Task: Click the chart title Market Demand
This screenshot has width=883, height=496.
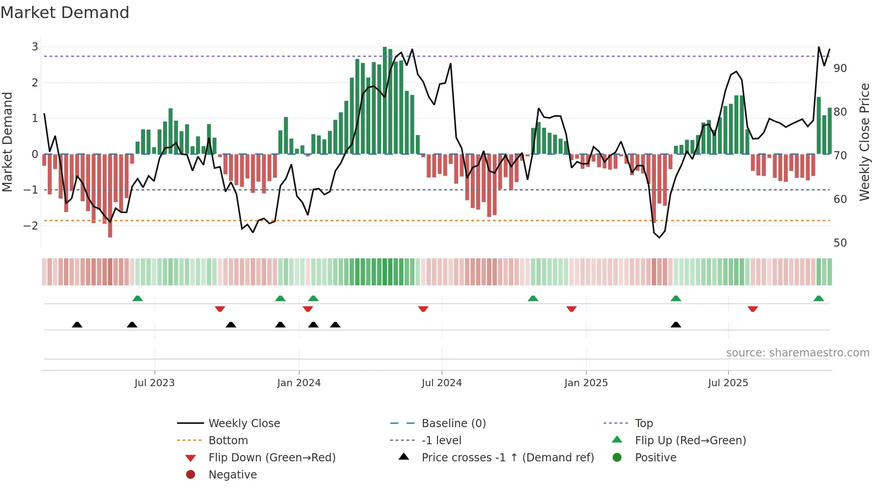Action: (x=65, y=13)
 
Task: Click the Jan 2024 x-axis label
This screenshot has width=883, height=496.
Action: (x=299, y=383)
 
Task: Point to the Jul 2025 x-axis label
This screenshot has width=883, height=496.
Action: (x=728, y=383)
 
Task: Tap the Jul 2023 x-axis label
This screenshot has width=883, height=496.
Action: (x=155, y=383)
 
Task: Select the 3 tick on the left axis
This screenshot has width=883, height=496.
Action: (x=35, y=47)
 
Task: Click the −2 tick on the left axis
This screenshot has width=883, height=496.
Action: (x=31, y=225)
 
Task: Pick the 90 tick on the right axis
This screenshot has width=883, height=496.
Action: (x=840, y=68)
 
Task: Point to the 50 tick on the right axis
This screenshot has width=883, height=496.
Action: (x=840, y=243)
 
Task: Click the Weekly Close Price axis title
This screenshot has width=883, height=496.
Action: (x=864, y=142)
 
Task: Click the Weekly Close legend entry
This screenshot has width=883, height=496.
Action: (x=244, y=424)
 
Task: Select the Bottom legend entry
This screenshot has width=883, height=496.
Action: (x=228, y=441)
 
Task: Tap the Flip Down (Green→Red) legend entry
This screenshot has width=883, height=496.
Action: (x=272, y=458)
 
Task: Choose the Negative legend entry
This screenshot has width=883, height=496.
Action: (x=232, y=475)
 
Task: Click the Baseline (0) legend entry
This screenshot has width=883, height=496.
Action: (x=454, y=424)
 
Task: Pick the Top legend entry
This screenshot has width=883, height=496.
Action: (x=644, y=424)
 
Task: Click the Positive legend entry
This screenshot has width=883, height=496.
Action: (x=655, y=458)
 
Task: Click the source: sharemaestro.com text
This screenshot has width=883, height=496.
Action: (x=797, y=353)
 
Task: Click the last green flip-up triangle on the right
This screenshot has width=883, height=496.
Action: (x=819, y=298)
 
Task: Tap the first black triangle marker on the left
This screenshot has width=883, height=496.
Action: (x=77, y=325)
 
